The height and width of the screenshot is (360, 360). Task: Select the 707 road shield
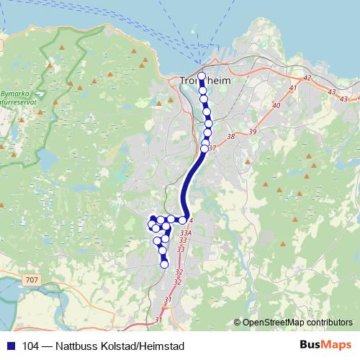(31, 279)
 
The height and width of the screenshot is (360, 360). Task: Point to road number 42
(307, 77)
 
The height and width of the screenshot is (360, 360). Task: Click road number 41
(292, 88)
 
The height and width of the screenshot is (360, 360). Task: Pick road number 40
(276, 106)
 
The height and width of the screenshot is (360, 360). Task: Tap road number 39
(252, 131)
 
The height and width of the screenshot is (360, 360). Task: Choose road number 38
(230, 136)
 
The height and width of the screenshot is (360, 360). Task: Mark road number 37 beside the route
(212, 148)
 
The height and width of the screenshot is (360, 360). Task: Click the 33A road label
(186, 233)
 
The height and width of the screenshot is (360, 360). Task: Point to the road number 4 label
(192, 221)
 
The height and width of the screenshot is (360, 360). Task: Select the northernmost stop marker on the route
(202, 76)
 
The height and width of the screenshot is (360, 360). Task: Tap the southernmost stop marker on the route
(164, 265)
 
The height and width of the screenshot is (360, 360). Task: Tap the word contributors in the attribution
(328, 323)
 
